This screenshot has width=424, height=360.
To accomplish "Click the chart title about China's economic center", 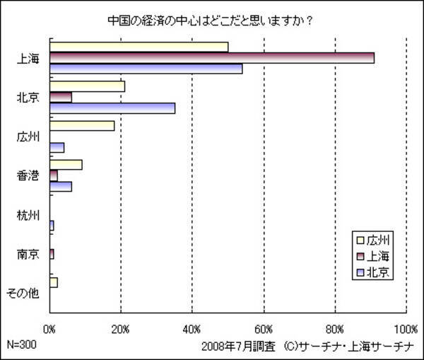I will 210,19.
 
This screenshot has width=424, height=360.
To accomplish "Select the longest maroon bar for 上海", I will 212,58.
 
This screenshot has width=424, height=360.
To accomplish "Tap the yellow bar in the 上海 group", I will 139,47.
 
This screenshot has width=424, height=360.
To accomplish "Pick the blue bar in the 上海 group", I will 146,69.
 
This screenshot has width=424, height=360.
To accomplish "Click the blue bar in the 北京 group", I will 112,108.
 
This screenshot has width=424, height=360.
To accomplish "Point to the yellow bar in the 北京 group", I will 88,86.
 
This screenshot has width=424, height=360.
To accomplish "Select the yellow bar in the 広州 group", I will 82,126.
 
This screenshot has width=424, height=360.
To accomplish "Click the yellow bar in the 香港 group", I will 66,165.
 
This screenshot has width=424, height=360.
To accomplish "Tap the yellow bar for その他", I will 54,282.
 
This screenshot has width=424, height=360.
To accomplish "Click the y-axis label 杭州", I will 28,215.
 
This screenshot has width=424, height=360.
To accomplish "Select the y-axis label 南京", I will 28,254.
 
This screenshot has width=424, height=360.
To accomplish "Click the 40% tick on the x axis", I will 192,328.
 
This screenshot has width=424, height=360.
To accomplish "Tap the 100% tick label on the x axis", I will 406,328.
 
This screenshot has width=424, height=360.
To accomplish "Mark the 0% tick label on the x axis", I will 49,328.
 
